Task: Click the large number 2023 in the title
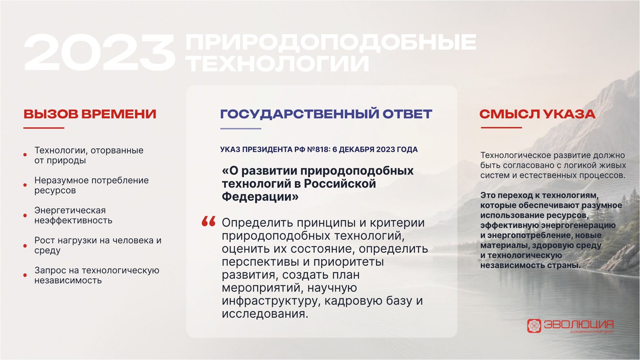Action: [x=100, y=52]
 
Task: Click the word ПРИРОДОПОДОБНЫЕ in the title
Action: [x=331, y=42]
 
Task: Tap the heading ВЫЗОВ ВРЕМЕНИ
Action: [x=90, y=114]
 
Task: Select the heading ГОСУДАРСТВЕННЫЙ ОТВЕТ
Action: [x=326, y=114]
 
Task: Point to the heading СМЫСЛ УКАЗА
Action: [x=538, y=114]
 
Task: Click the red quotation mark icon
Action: [x=208, y=221]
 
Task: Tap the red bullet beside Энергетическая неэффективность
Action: [x=25, y=216]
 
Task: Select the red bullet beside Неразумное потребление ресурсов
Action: [x=25, y=185]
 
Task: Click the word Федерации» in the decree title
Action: [x=260, y=197]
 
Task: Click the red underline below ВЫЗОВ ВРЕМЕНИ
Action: [x=44, y=128]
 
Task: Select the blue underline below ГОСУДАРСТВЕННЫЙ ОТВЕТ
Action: [x=240, y=128]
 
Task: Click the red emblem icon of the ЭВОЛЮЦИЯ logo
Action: [x=534, y=326]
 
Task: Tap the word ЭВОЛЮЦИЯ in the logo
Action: [x=578, y=324]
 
